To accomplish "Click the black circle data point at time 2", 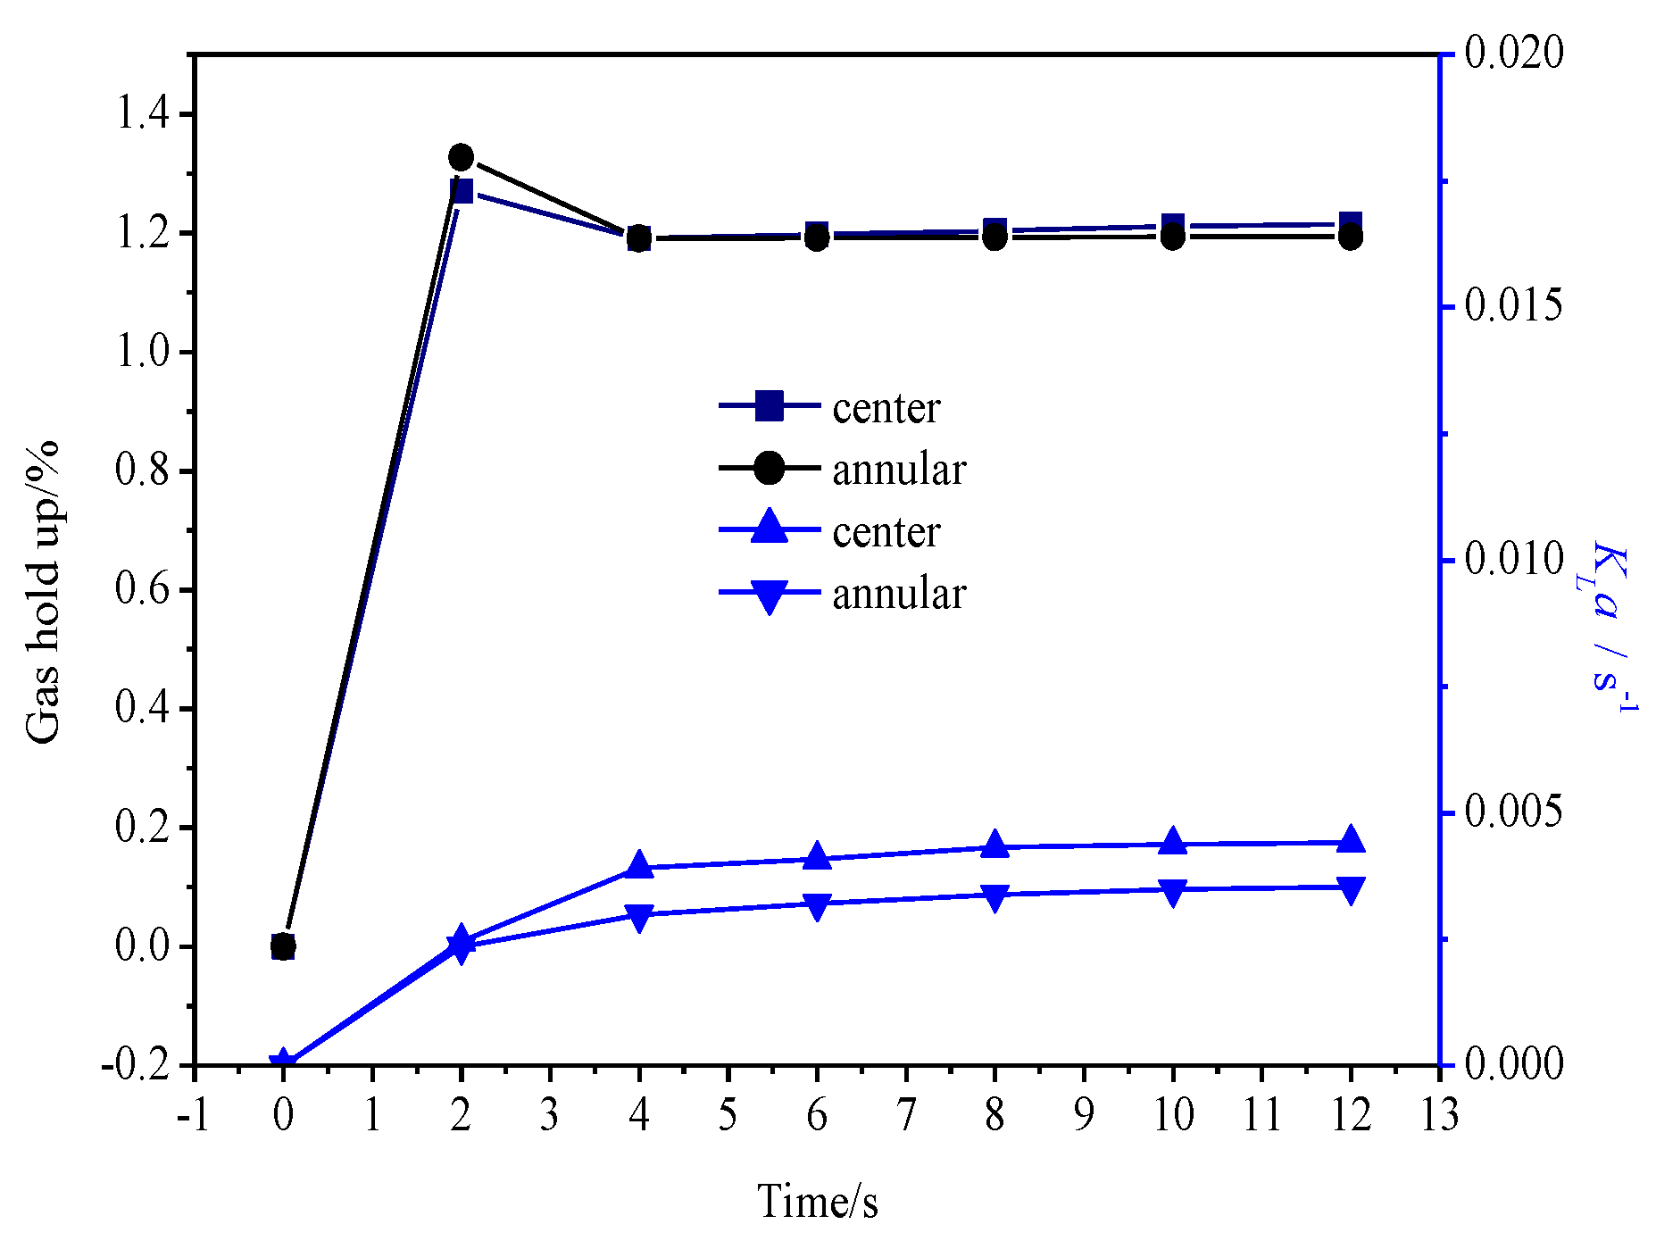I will click(461, 157).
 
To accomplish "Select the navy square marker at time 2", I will click(461, 191).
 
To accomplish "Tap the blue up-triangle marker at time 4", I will click(639, 864).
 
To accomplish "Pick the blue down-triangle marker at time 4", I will click(639, 917).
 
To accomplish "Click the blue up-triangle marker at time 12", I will click(1351, 839).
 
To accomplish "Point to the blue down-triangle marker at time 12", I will click(1351, 890).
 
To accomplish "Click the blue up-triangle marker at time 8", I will click(994, 845).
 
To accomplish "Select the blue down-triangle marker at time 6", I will click(817, 906).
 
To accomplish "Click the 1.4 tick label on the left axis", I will click(143, 114).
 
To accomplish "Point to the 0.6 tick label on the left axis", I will click(143, 590).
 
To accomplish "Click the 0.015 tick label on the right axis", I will click(1514, 306).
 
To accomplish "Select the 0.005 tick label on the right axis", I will click(1514, 812).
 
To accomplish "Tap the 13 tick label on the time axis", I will click(1439, 1115).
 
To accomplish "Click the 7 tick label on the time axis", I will click(905, 1115).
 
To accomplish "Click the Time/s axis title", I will click(818, 1201).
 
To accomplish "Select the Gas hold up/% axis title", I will click(43, 591).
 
